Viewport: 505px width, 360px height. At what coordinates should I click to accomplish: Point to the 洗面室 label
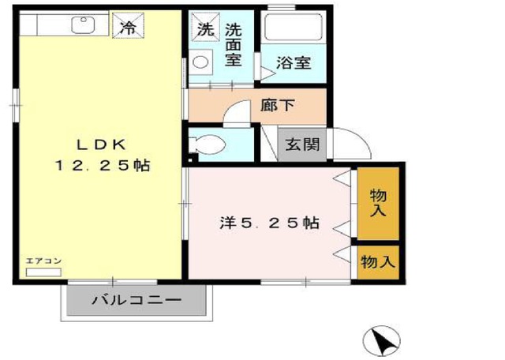[233, 45]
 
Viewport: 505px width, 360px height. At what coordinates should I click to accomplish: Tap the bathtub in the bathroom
[294, 30]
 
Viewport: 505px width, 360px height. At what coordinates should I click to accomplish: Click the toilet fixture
[208, 144]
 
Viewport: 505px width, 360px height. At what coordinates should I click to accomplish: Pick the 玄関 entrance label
[301, 144]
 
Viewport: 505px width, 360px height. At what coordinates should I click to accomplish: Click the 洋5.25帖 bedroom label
[269, 223]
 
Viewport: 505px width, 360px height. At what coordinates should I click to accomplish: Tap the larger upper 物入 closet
[378, 203]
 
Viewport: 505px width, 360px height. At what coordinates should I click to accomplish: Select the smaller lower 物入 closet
[377, 261]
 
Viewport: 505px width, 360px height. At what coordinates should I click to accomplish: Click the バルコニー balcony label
[137, 301]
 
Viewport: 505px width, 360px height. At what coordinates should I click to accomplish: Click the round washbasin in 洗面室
[202, 62]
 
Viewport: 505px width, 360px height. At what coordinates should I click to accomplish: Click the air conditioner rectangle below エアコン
[43, 272]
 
